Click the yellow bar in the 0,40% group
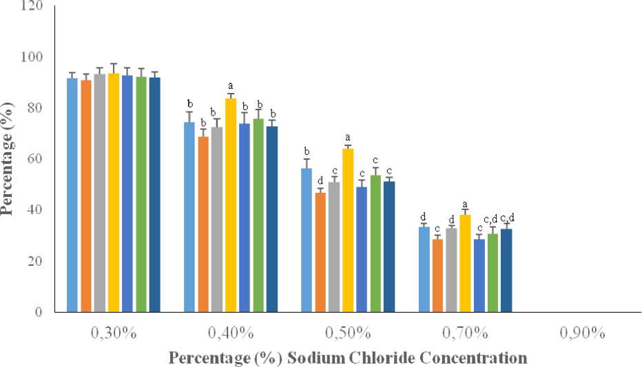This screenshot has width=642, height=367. click(230, 205)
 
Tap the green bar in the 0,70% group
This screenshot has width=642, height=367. click(493, 273)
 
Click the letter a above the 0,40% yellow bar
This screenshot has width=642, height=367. click(231, 85)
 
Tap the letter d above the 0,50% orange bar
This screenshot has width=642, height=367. click(320, 180)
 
